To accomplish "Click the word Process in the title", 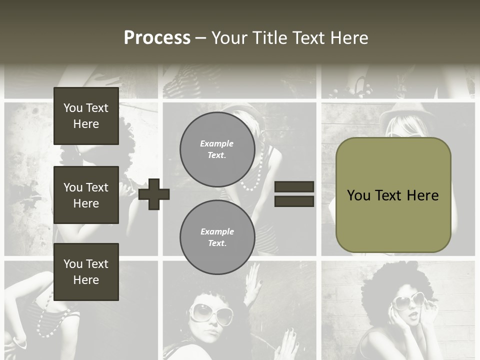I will (157, 38).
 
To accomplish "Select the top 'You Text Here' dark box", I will (86, 116).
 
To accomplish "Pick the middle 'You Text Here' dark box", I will (86, 195).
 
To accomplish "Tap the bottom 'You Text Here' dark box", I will (86, 272).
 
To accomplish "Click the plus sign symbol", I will (154, 194).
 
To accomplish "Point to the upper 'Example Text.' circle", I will (217, 149).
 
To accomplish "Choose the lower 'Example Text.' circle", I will (217, 237).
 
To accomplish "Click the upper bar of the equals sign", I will (294, 186).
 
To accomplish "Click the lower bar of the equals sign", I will (294, 201).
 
